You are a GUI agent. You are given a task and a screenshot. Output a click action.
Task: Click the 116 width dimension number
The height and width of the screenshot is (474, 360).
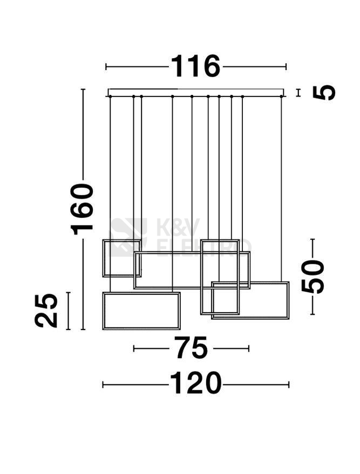coord(196,67)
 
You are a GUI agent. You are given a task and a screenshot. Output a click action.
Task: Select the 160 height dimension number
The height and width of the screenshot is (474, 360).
coord(83,209)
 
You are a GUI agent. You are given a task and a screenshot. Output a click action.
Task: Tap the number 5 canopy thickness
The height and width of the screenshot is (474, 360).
coord(324,93)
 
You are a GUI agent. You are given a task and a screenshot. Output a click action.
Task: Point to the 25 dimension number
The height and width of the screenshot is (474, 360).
coord(47,311)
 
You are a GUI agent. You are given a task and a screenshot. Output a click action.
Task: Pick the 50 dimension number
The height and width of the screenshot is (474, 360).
coord(313,276)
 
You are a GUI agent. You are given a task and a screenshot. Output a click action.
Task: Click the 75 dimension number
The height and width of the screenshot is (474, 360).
coord(191,348)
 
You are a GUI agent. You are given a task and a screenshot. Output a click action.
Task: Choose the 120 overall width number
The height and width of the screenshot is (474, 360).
coord(196,384)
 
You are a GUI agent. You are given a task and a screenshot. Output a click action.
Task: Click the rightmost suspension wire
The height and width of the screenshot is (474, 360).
coord(281,189)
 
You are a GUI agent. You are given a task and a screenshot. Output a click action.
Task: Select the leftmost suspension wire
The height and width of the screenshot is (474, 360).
coord(110,167)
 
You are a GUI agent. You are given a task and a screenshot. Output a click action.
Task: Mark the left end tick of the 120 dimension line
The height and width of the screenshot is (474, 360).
coord(103,384)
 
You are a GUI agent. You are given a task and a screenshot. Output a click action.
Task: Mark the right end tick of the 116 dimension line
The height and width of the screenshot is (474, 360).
coord(286,67)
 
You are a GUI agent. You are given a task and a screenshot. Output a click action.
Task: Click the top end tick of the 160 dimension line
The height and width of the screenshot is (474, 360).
coord(83,90)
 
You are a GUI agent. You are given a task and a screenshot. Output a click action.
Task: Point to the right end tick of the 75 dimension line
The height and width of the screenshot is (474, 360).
coord(248,348)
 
